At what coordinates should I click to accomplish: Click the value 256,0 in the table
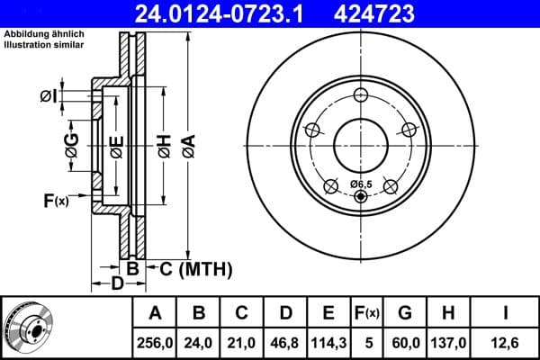156,342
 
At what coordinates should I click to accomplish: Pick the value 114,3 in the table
329,342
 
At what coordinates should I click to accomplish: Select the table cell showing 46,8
285,342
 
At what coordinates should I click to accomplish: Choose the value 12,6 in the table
508,342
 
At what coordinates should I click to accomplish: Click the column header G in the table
405,313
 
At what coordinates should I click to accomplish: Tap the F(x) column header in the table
368,313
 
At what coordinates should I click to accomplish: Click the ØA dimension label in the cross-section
187,145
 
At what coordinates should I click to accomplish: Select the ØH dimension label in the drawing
164,145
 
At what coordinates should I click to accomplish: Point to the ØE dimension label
116,145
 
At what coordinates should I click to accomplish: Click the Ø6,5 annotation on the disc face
360,184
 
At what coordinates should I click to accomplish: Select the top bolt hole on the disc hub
361,97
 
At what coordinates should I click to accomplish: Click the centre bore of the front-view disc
361,144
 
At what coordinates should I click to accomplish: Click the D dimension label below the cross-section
117,284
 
